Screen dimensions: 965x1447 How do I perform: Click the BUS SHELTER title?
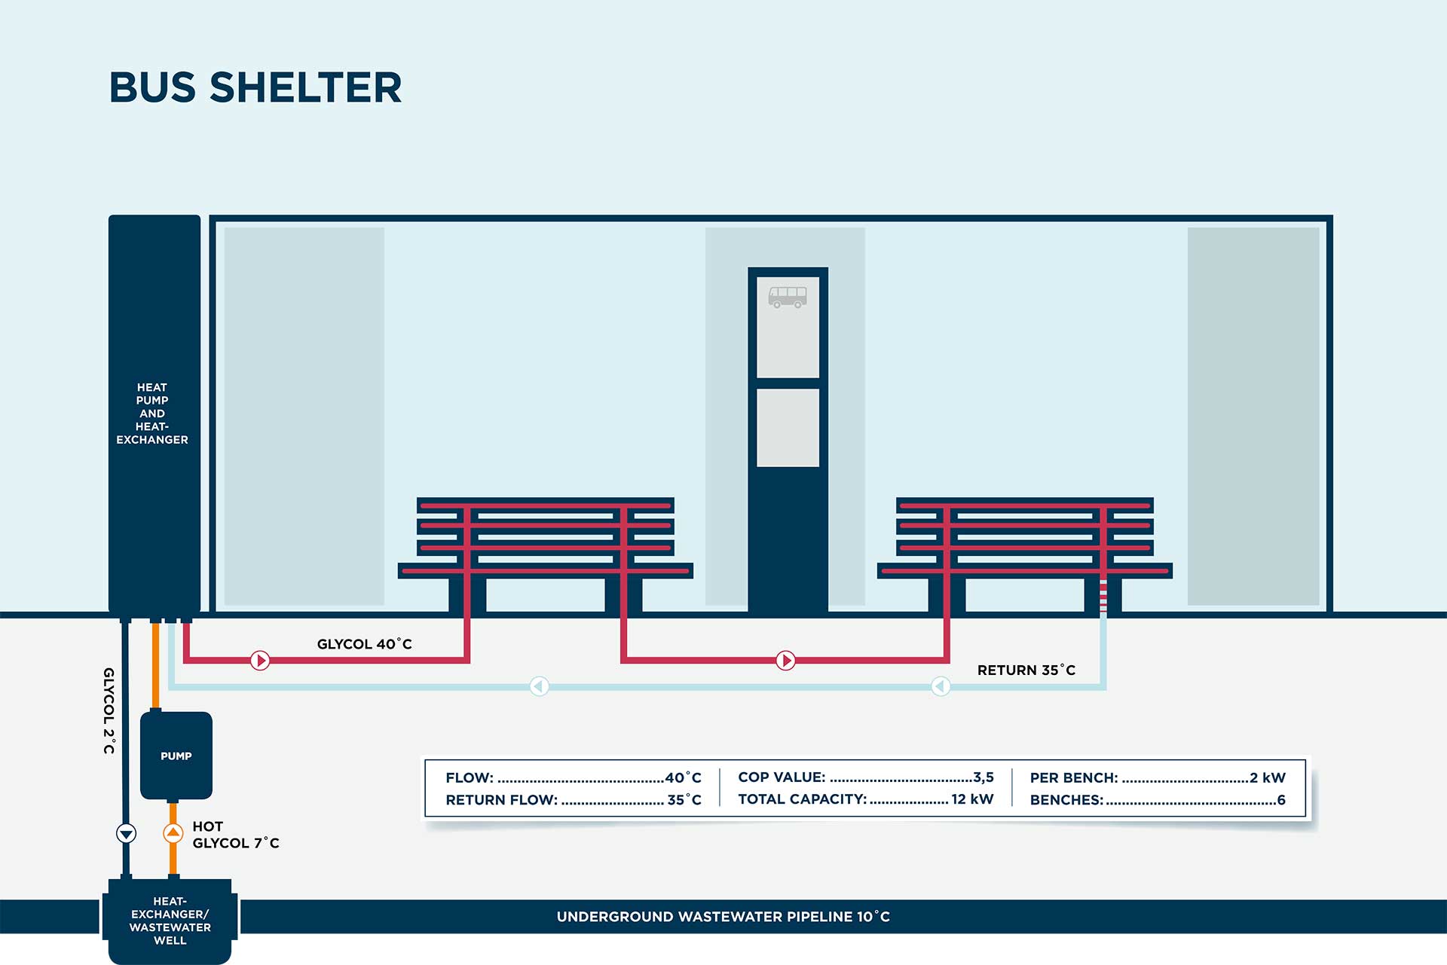coord(255,87)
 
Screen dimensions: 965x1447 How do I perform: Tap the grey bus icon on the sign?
coord(788,296)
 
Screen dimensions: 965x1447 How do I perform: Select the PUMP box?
coord(176,756)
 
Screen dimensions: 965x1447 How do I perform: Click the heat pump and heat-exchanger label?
coord(152,414)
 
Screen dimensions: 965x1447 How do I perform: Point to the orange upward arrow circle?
coord(173,833)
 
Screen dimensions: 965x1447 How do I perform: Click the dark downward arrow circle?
coord(126,833)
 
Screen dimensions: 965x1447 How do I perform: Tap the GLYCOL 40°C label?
coord(364,644)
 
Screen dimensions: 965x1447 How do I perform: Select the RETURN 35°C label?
coord(1026,670)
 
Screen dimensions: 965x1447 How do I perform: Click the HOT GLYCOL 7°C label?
coord(235,835)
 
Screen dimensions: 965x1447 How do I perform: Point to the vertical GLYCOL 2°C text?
coord(109,710)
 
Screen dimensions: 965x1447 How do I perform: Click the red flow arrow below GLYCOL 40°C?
coord(260,661)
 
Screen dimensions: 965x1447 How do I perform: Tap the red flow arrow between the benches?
coord(785,661)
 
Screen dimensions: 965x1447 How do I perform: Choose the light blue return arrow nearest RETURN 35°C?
coord(941,686)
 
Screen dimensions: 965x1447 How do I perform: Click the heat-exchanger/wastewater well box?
coord(170,921)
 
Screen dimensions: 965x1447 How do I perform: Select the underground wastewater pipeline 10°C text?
coord(723,917)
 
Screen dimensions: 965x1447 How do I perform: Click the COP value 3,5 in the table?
coord(983,777)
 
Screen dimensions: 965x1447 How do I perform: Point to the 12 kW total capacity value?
coord(972,799)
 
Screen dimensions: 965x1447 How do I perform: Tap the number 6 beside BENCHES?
coord(1280,800)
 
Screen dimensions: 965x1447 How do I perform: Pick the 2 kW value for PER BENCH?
coord(1268,777)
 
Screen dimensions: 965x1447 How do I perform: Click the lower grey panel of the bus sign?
coord(788,427)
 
